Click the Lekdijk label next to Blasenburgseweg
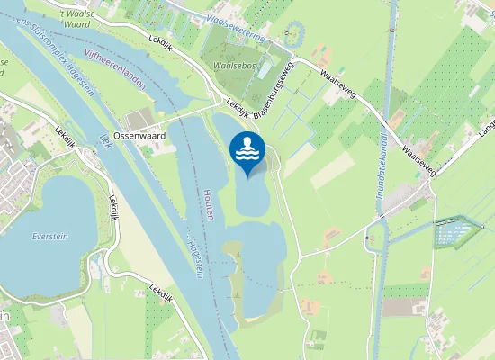click(x=236, y=104)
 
